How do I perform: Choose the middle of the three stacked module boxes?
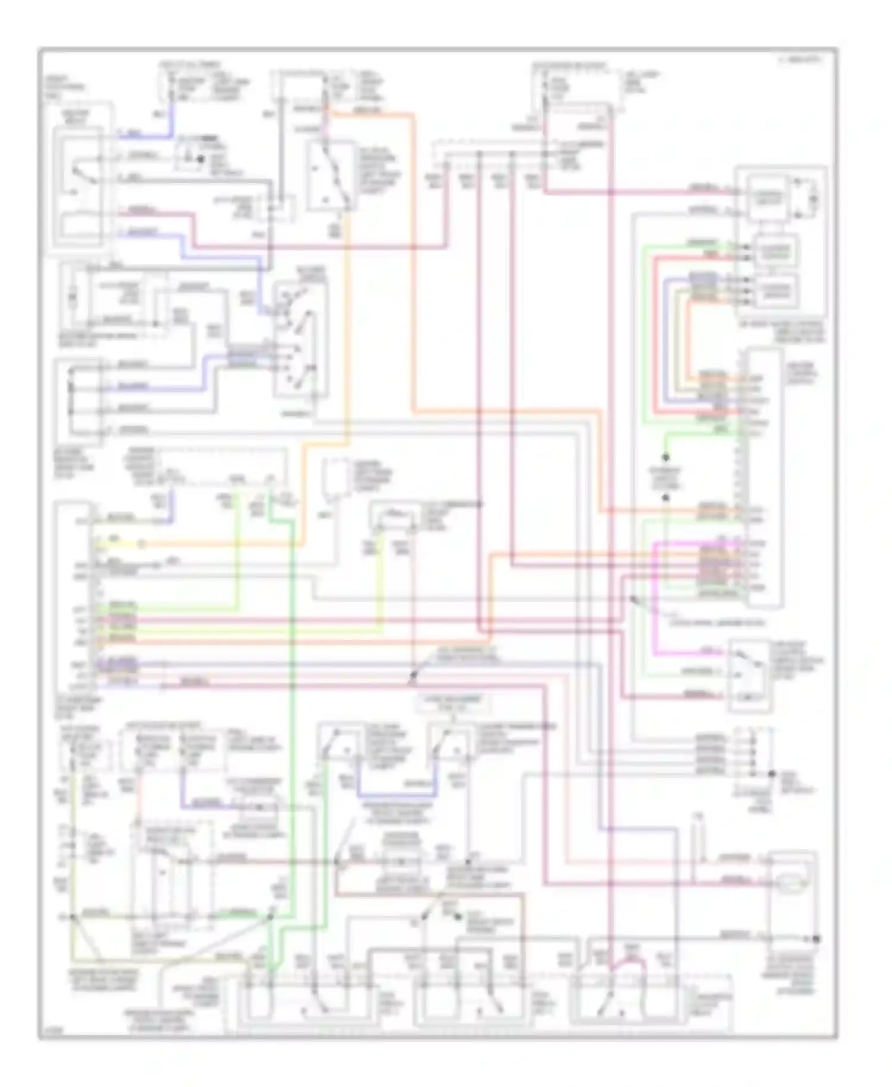776,253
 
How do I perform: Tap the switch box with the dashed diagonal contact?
331,175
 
